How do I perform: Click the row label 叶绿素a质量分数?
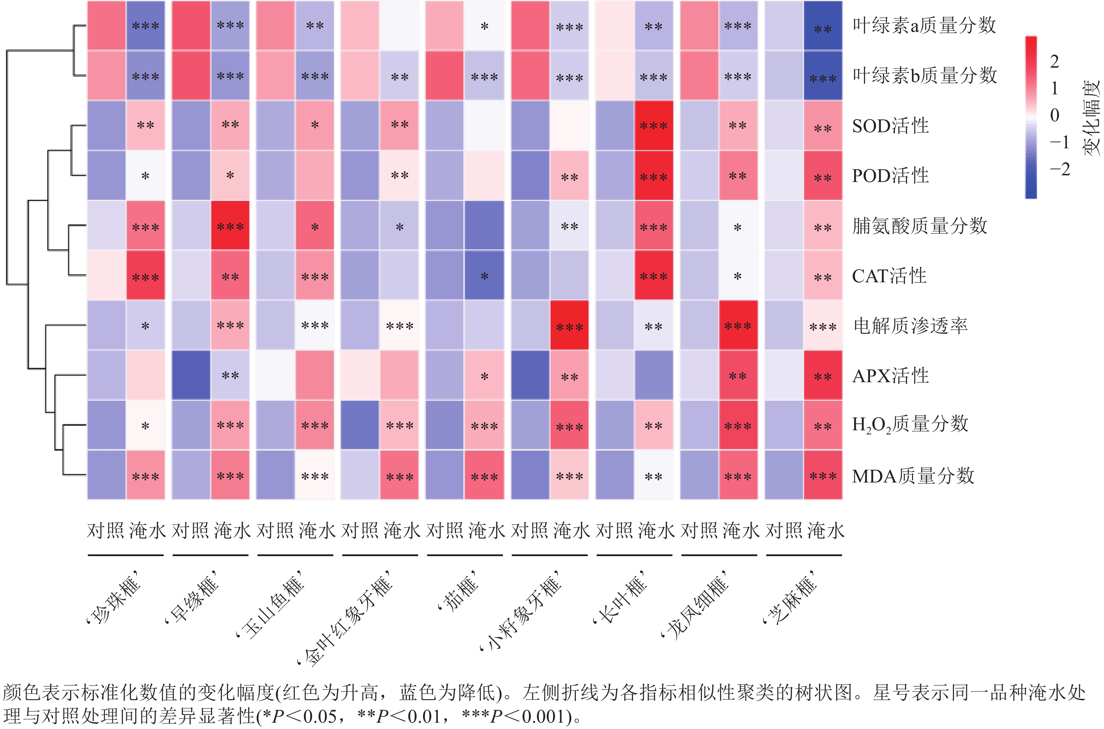(924, 25)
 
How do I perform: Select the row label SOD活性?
(890, 126)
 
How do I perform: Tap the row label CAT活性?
(889, 276)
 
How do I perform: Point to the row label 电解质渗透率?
(910, 325)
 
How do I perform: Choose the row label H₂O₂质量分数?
(910, 424)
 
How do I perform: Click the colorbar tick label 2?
(1054, 61)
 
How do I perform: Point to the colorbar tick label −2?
(1059, 169)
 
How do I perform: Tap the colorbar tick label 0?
(1054, 115)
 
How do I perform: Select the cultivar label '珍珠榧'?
(114, 599)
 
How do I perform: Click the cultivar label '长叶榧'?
(621, 599)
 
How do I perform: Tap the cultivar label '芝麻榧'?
(790, 599)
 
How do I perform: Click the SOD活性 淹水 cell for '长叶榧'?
(653, 126)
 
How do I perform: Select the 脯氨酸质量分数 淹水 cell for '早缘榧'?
(230, 225)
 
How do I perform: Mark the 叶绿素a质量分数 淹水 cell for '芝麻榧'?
(823, 26)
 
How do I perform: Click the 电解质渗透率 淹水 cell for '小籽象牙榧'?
(569, 325)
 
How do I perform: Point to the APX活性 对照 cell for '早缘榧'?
(191, 375)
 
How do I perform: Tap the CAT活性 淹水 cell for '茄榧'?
(484, 275)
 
